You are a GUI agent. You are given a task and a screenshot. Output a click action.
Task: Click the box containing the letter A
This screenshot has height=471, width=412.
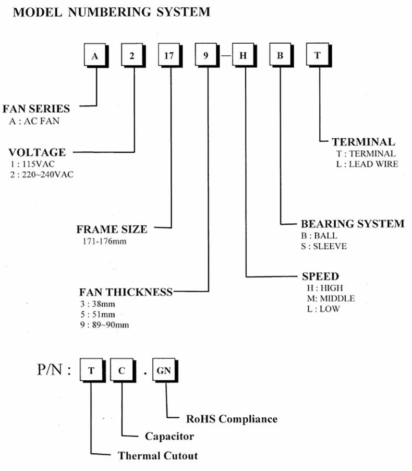[x=95, y=56]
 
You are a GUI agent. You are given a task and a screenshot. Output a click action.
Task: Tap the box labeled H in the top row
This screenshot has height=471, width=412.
[x=243, y=56]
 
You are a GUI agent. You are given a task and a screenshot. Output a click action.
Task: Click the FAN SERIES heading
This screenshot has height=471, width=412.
[x=36, y=108]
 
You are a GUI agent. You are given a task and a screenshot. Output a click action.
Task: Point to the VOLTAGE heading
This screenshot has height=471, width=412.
[x=37, y=152]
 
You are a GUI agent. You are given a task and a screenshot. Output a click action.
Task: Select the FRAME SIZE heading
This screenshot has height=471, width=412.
[x=112, y=229]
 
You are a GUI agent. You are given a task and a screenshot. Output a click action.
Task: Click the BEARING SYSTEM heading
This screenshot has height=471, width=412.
[x=353, y=224]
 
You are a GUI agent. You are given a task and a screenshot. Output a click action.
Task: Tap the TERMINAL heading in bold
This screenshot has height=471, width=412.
[x=363, y=142]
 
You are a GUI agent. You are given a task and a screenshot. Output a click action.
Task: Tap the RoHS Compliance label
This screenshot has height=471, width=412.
[x=232, y=419]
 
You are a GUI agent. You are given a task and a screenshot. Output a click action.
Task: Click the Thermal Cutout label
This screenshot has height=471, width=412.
[x=158, y=455]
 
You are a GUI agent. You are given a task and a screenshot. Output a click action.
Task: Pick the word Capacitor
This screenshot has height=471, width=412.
[x=169, y=436]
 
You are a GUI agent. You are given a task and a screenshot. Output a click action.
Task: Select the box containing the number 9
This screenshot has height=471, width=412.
[x=205, y=56]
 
